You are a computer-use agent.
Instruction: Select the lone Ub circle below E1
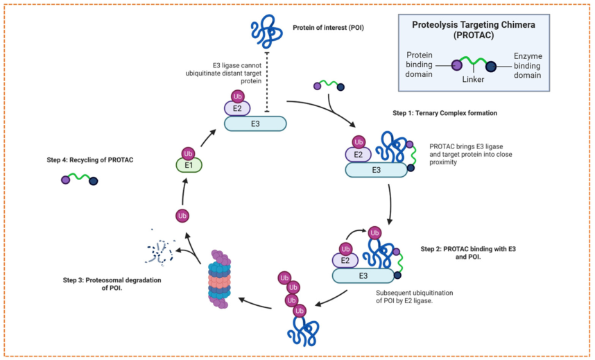pos(182,216)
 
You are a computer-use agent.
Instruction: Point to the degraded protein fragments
pos(162,251)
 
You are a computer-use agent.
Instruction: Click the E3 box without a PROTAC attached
pos(255,123)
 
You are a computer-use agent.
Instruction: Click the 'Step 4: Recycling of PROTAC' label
pos(92,160)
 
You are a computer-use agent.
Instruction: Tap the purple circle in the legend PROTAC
pos(456,67)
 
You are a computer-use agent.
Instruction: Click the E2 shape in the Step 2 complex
pos(346,260)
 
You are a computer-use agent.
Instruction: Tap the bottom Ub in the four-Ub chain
pos(300,310)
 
